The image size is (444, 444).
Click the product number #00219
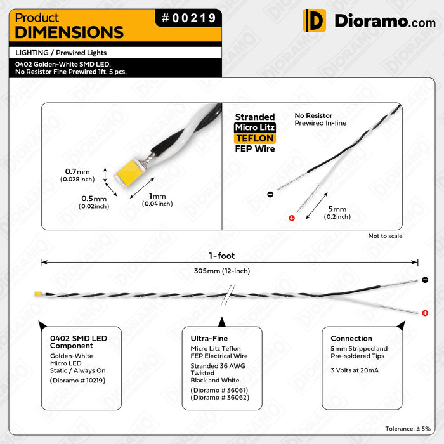[x=188, y=18]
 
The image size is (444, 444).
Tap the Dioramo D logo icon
[x=314, y=20]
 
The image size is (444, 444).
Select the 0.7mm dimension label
[x=77, y=175]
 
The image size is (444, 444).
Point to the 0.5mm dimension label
[x=94, y=202]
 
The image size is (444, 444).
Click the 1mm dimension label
[x=157, y=200]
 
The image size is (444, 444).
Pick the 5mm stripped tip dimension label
[x=337, y=212]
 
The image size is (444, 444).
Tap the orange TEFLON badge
[x=255, y=138]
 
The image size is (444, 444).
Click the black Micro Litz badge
[x=255, y=127]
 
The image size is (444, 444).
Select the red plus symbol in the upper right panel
[x=292, y=218]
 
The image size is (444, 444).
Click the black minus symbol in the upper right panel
[x=270, y=194]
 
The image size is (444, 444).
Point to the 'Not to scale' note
[x=385, y=236]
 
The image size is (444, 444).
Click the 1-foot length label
[x=222, y=256]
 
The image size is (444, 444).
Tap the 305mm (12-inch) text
[x=222, y=271]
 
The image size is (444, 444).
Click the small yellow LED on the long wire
[x=37, y=294]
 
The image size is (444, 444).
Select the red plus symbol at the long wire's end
[x=425, y=313]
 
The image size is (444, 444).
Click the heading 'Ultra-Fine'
[x=209, y=338]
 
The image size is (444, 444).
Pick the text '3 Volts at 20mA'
[x=355, y=370]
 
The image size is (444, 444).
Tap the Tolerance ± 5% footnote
[x=408, y=429]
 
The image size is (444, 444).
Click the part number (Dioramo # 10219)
[x=77, y=381]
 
